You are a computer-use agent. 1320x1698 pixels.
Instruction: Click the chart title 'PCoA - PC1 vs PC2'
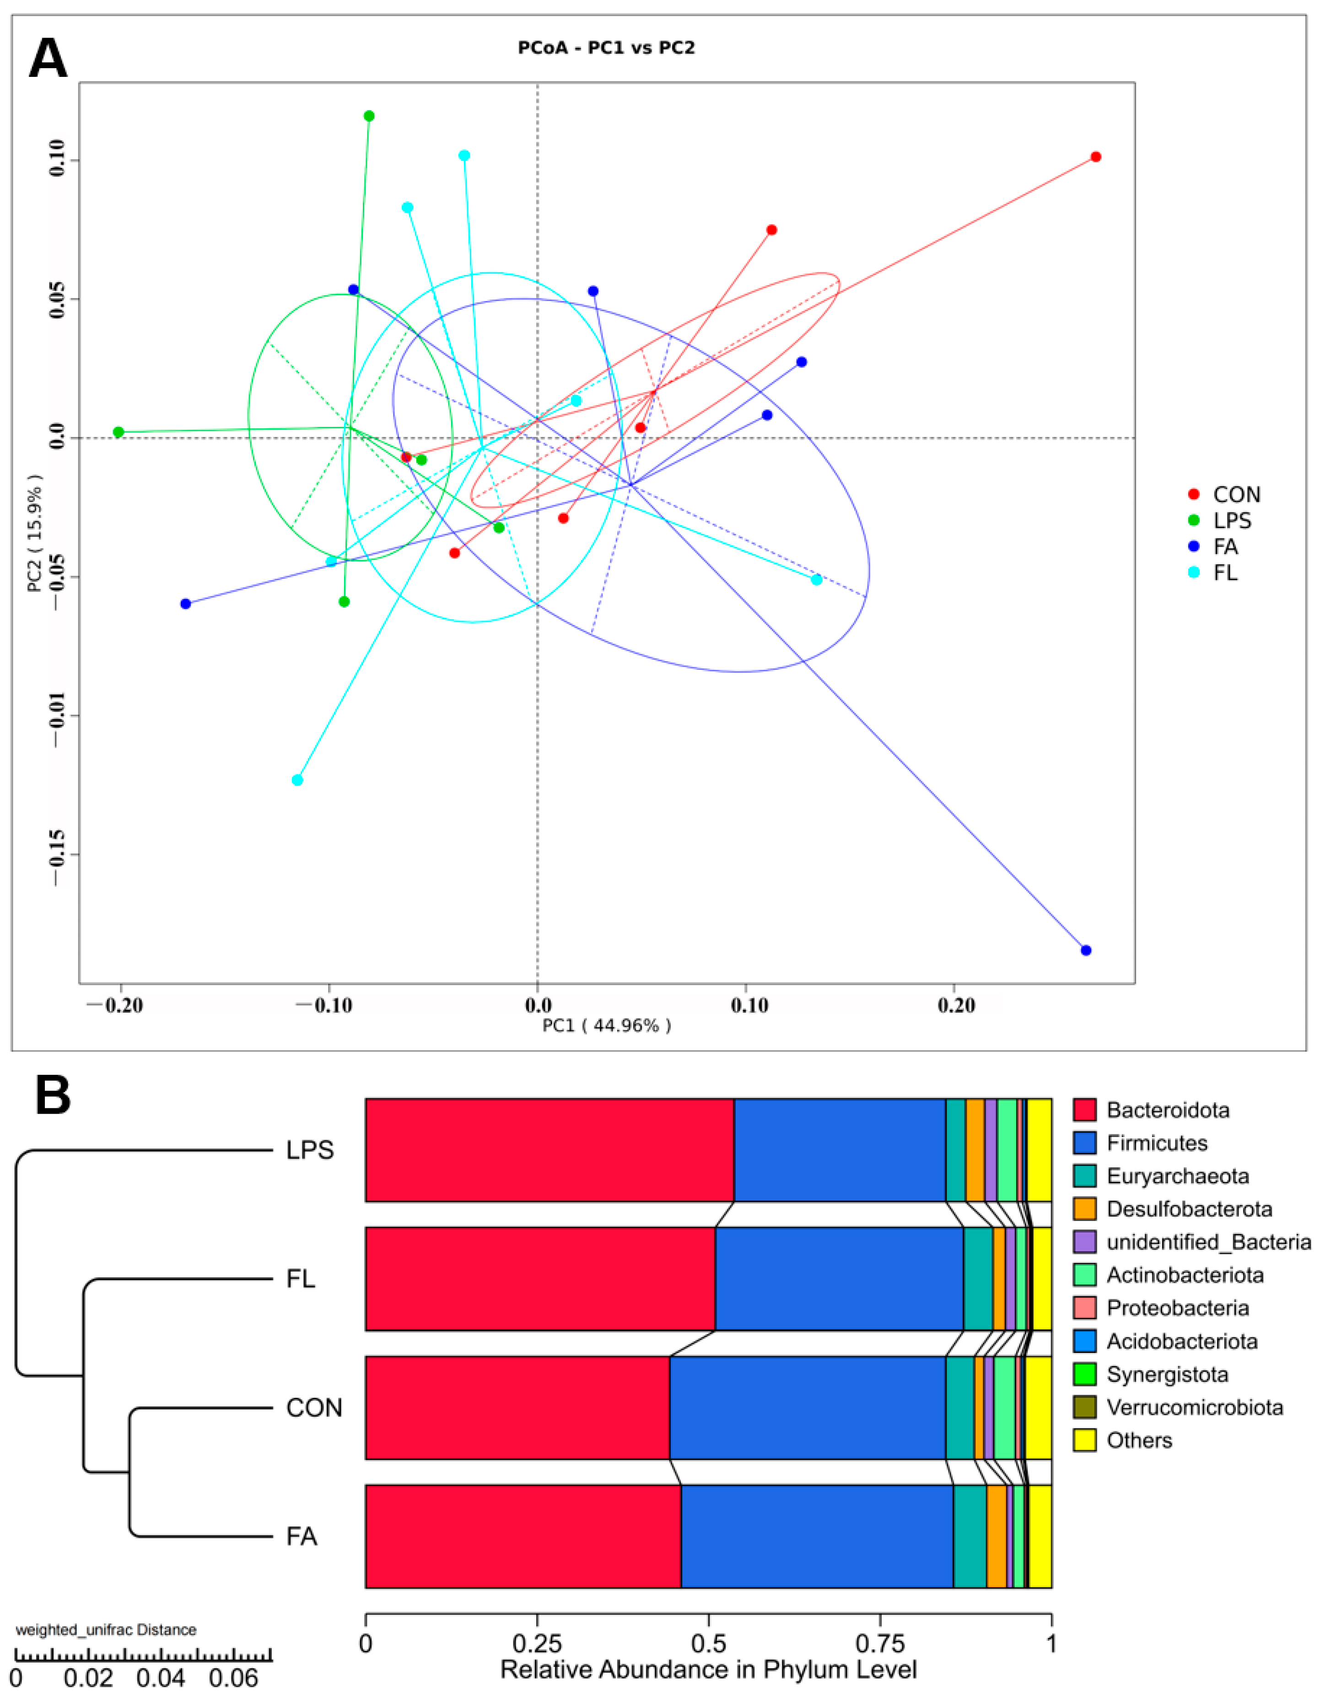[606, 48]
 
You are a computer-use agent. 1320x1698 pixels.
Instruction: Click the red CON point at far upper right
[1095, 157]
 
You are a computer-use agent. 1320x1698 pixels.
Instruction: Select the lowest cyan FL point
[297, 780]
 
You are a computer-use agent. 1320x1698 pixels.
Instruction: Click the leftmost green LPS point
[118, 432]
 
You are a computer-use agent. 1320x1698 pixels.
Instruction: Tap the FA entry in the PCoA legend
[1224, 547]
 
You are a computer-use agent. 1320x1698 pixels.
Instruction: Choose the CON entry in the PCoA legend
[1236, 495]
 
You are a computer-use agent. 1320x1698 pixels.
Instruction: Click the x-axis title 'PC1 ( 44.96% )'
[606, 1025]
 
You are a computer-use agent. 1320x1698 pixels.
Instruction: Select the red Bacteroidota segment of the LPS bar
[549, 1150]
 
